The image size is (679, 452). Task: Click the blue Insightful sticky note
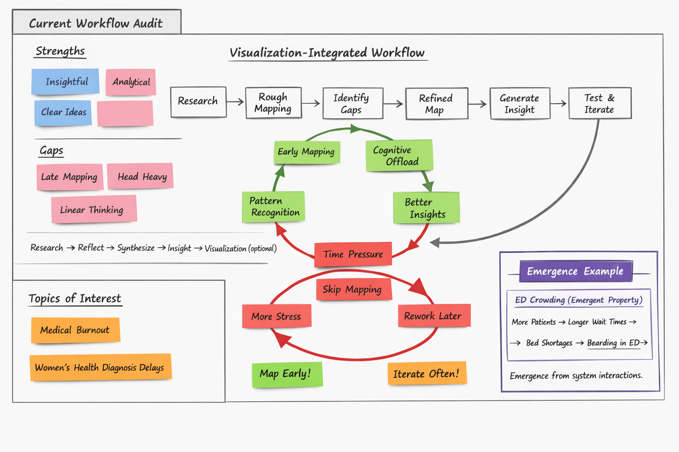[65, 82]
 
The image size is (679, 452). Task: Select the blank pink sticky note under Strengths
[125, 113]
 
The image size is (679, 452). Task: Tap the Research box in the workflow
[198, 102]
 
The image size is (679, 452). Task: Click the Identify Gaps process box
[352, 103]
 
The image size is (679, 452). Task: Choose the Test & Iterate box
[599, 103]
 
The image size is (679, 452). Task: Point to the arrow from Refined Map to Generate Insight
[477, 104]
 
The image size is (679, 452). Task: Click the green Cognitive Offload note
[399, 155]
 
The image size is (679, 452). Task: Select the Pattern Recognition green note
[273, 207]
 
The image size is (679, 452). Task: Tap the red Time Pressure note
[353, 254]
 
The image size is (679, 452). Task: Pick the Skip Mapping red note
[353, 290]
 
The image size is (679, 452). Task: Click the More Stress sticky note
[276, 316]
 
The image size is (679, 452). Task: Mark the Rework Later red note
[434, 316]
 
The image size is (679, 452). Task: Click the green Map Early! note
[287, 374]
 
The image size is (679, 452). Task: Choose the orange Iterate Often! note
[427, 374]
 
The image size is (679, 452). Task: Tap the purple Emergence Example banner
[576, 271]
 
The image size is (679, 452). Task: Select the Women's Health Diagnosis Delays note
[100, 367]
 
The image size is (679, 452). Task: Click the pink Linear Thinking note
[93, 210]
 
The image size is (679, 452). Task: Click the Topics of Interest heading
[75, 299]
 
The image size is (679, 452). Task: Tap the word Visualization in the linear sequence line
[225, 249]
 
